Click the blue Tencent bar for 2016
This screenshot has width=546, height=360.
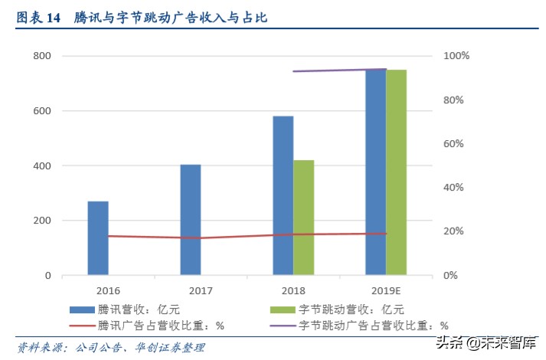98,237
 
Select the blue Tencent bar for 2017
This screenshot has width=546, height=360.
191,219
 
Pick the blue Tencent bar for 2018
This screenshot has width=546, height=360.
283,195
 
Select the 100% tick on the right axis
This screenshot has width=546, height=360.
458,57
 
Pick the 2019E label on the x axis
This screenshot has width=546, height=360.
386,291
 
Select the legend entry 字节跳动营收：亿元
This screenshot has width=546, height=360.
337,309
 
